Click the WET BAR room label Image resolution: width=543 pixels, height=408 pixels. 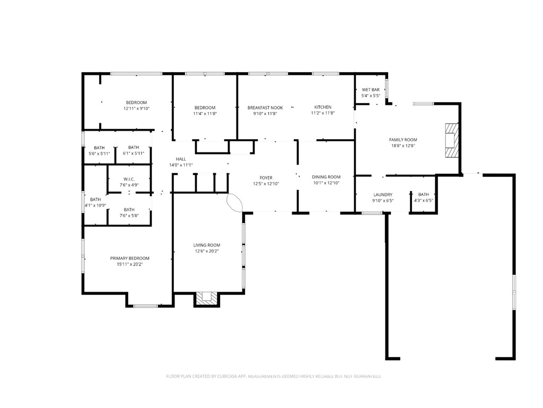click(x=371, y=90)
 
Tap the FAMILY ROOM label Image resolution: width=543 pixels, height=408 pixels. click(x=403, y=140)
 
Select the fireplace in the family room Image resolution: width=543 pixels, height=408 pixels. click(x=452, y=140)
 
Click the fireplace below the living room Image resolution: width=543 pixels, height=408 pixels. click(x=207, y=299)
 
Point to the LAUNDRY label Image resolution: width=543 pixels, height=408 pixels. click(x=383, y=194)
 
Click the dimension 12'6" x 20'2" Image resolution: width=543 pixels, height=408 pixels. click(x=207, y=251)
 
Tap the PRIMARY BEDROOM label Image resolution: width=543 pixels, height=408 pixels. click(x=130, y=258)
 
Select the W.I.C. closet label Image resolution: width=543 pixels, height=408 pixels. click(x=129, y=179)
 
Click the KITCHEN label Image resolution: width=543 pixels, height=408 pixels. click(x=323, y=107)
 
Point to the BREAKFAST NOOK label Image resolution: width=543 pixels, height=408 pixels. click(x=265, y=108)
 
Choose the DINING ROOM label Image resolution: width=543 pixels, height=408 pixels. click(x=326, y=177)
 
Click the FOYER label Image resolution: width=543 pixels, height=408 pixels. click(x=266, y=178)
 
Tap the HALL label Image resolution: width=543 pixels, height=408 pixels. click(x=181, y=159)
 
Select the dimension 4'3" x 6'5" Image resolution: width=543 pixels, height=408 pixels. click(x=424, y=200)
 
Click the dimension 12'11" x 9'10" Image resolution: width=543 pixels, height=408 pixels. click(x=136, y=108)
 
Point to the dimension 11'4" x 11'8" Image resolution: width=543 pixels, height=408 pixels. click(x=205, y=114)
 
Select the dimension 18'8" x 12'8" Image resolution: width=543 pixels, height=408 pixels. click(x=403, y=146)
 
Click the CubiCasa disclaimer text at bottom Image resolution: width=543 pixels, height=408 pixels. click(x=274, y=377)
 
